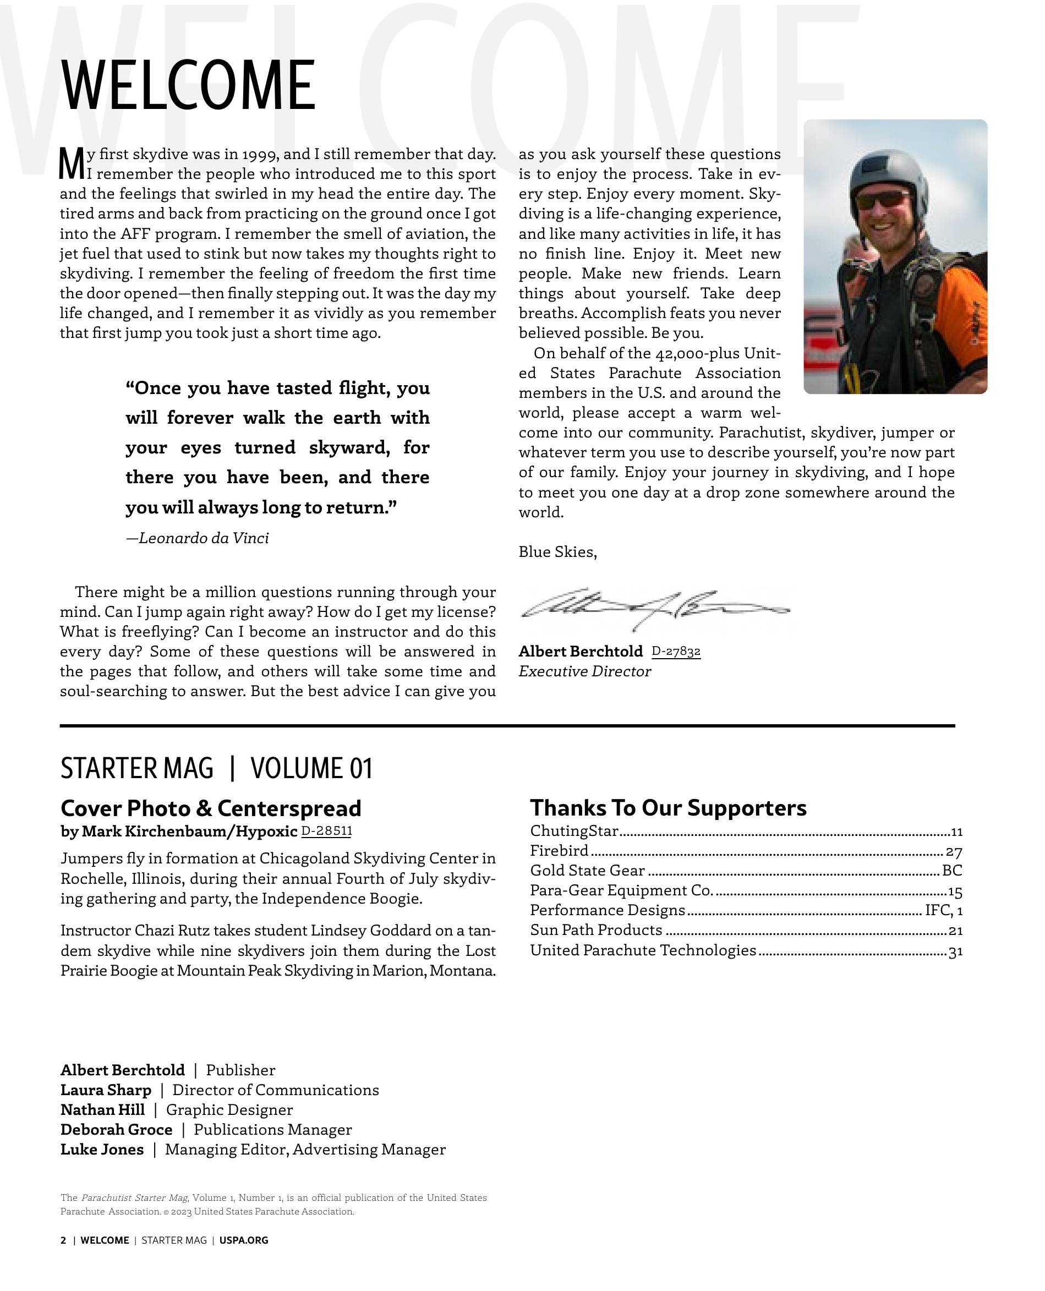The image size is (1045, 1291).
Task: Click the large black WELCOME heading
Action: click(x=188, y=85)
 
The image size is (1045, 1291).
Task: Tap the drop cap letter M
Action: click(x=72, y=163)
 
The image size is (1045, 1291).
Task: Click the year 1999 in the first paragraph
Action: click(x=259, y=155)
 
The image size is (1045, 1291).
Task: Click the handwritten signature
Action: click(x=653, y=608)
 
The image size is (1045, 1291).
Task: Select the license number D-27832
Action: click(x=675, y=651)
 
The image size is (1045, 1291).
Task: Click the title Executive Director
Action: click(x=584, y=672)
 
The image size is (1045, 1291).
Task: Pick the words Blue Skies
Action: click(x=557, y=552)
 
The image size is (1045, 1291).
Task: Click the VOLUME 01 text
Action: click(x=311, y=769)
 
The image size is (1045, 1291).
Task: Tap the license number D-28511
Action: click(x=326, y=831)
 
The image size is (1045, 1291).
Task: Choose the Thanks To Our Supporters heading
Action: click(x=668, y=808)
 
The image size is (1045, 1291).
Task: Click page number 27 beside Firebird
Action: click(x=954, y=852)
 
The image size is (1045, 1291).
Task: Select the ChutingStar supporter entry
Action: click(x=573, y=831)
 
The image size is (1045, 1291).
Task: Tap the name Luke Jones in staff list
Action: click(x=102, y=1150)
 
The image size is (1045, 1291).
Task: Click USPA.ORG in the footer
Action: click(x=244, y=1240)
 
